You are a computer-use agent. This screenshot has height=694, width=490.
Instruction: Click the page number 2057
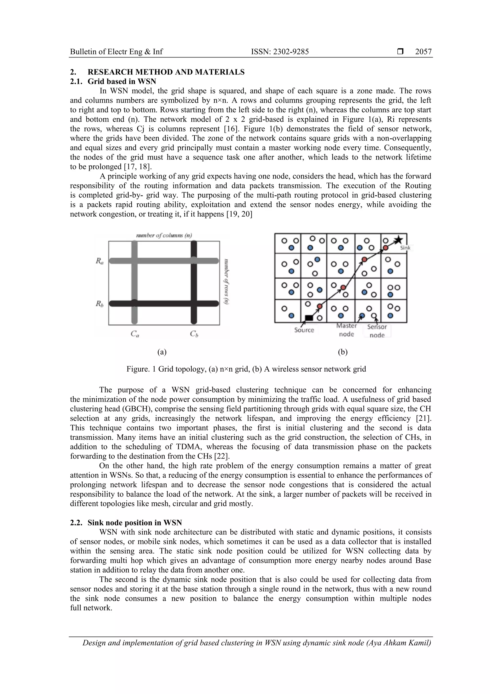[x=423, y=52]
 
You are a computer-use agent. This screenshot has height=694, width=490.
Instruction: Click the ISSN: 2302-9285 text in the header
[x=280, y=52]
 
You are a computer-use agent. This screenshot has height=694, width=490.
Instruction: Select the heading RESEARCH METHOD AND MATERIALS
[x=166, y=72]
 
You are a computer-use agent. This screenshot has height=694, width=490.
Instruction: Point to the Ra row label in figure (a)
[x=100, y=261]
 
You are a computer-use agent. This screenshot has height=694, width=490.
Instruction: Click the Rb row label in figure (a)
[x=100, y=304]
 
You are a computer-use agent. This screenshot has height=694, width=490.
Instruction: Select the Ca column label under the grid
[x=135, y=334]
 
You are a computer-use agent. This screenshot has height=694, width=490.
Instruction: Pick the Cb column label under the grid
[x=194, y=334]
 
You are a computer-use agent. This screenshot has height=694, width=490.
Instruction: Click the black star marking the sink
[x=399, y=240]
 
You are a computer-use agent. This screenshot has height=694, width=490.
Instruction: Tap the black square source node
[x=309, y=318]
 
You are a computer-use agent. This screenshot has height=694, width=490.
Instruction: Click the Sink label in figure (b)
[x=405, y=248]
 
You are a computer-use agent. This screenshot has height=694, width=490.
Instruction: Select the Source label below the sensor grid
[x=304, y=330]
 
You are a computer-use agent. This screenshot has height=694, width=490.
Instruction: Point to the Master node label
[x=346, y=330]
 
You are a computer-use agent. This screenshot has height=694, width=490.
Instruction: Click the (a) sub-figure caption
[x=162, y=352]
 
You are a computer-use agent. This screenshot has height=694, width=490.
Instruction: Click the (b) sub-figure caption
[x=343, y=352]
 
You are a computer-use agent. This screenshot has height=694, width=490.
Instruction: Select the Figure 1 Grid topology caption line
[x=246, y=369]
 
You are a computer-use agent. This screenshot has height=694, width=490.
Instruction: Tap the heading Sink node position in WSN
[x=135, y=523]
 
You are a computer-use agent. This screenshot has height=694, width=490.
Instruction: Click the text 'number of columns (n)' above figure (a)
[x=164, y=235]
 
